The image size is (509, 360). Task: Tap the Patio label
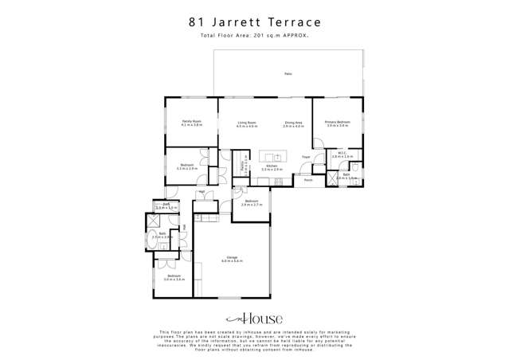point(288,74)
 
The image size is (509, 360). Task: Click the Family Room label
point(191,123)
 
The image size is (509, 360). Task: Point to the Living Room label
point(246,123)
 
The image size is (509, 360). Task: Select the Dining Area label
point(294,123)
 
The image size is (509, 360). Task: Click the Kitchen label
point(272,167)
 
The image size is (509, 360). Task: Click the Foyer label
point(305,157)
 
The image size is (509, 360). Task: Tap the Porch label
point(307,181)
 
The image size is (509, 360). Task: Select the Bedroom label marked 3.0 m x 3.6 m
point(174,278)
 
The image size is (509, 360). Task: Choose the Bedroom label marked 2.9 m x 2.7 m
point(251,202)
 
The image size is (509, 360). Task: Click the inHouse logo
point(254,317)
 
